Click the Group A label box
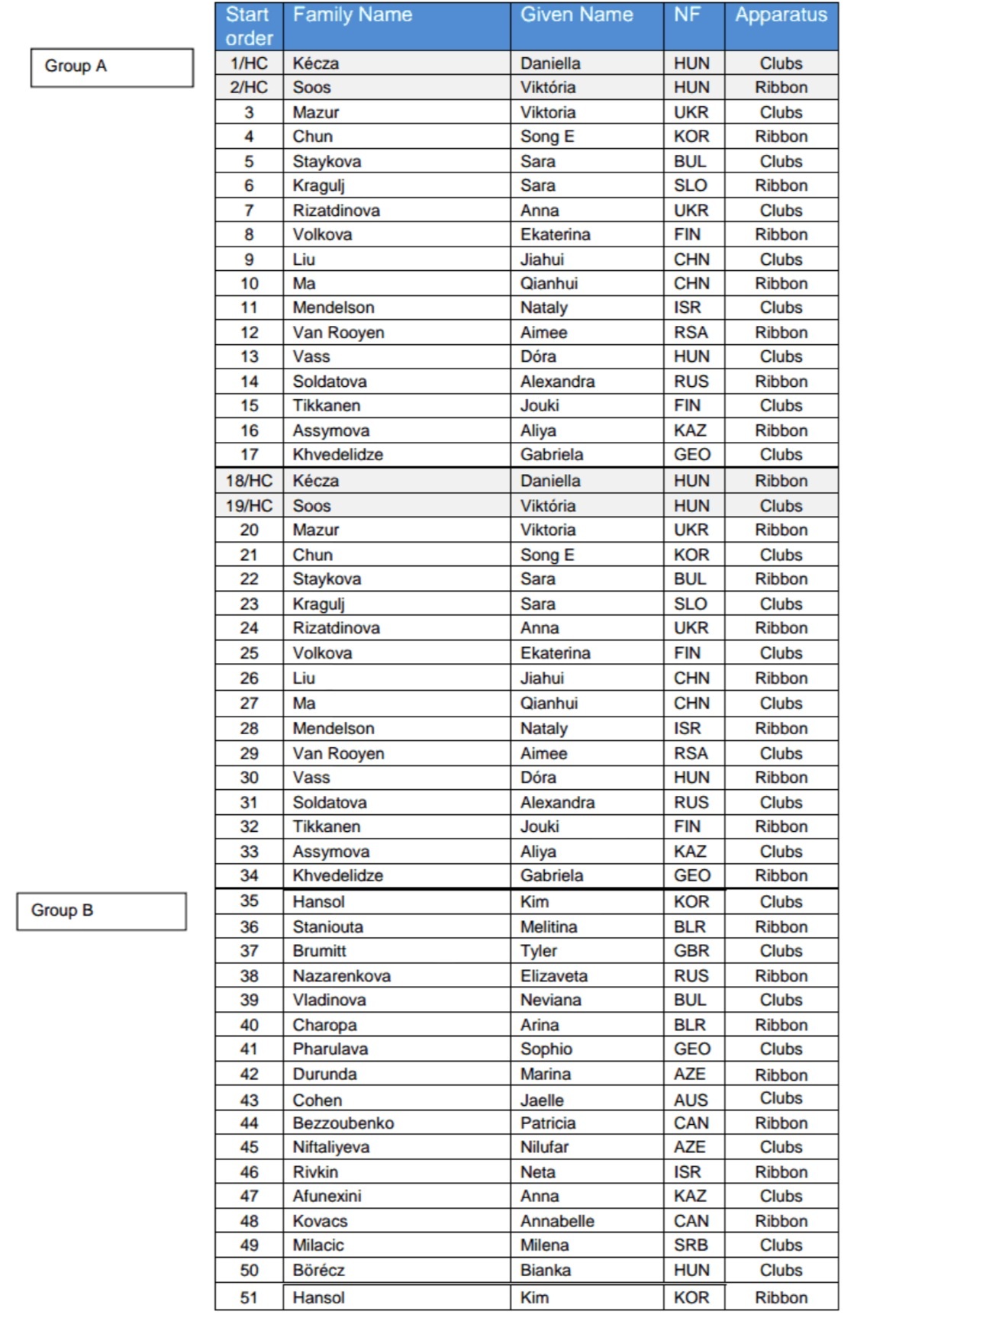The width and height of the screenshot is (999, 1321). point(111,67)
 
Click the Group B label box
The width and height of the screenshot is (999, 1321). point(101,911)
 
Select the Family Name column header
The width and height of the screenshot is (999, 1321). point(353,15)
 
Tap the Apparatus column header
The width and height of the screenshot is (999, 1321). point(781,15)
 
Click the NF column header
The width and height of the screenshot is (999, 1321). point(687,15)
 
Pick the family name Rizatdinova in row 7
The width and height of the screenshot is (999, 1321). point(337,211)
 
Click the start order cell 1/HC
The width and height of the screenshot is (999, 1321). point(249,63)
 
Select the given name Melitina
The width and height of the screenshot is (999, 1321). point(549,927)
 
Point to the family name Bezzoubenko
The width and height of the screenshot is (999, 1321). point(343,1123)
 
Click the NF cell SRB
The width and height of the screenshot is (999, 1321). point(691,1245)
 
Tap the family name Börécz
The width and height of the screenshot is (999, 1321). point(319,1271)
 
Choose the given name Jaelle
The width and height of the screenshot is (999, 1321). point(542,1100)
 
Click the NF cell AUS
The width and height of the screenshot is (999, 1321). point(691,1100)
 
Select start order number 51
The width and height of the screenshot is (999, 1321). point(249,1298)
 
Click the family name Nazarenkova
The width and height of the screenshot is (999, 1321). point(342,976)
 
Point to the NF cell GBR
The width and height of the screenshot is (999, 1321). point(691,952)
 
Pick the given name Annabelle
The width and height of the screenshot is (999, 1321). point(557,1221)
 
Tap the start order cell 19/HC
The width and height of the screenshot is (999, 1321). point(249,506)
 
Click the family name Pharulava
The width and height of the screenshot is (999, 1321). point(330,1049)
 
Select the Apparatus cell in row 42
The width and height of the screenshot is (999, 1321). point(781,1075)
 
